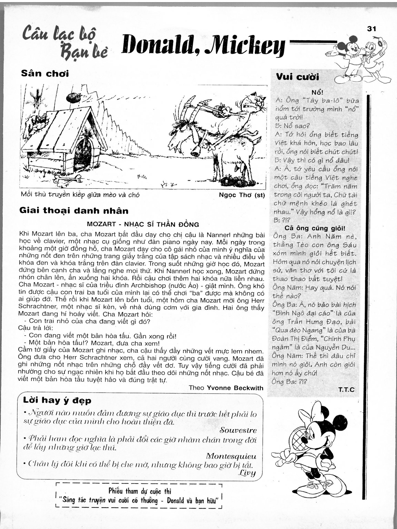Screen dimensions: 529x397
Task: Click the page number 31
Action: pos(371,29)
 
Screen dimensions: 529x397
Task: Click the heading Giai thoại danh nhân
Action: pos(74,211)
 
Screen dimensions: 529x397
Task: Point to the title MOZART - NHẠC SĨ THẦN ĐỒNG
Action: pos(143,224)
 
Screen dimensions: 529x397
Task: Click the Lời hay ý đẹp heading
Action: pos(57,400)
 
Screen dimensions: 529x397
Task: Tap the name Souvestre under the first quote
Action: pos(238,430)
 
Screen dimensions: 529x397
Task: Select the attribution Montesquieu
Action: pos(231,456)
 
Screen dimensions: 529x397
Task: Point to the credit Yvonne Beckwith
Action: pos(234,388)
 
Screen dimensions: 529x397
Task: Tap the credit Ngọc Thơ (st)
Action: pos(242,195)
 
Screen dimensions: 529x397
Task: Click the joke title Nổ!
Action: pos(317,92)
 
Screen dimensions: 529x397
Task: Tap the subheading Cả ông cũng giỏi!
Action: pos(315,228)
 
